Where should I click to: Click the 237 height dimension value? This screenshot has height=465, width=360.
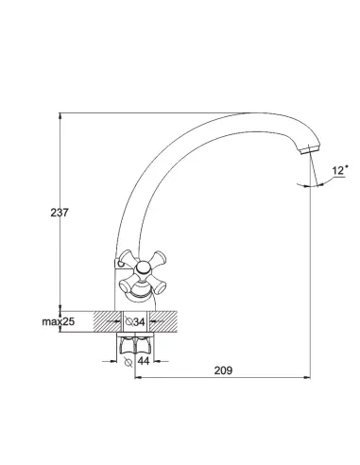pyautogui.click(x=60, y=213)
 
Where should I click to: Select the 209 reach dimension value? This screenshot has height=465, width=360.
pyautogui.click(x=223, y=370)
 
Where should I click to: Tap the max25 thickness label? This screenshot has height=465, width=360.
pyautogui.click(x=59, y=321)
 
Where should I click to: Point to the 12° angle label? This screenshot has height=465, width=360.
pyautogui.click(x=340, y=170)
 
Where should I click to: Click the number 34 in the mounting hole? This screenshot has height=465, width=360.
pyautogui.click(x=139, y=322)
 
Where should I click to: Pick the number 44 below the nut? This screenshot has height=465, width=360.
pyautogui.click(x=144, y=361)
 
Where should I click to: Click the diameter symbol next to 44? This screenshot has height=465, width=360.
pyautogui.click(x=129, y=362)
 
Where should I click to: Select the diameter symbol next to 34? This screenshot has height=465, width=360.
pyautogui.click(x=129, y=321)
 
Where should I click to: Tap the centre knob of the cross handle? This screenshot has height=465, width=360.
pyautogui.click(x=144, y=268)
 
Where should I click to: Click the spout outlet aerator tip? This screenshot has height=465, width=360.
pyautogui.click(x=310, y=149)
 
